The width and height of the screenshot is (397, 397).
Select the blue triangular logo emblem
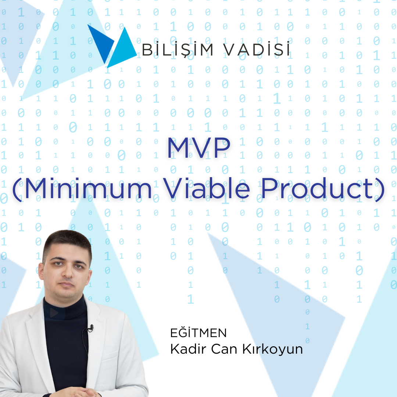tap(112, 46)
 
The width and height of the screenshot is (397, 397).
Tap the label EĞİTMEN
tap(198, 333)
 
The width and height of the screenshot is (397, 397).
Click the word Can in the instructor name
tap(222, 349)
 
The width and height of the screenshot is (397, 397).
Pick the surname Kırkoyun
tap(272, 349)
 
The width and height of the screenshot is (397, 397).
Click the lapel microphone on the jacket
tap(90, 328)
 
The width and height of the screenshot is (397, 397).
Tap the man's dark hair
tap(66, 241)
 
